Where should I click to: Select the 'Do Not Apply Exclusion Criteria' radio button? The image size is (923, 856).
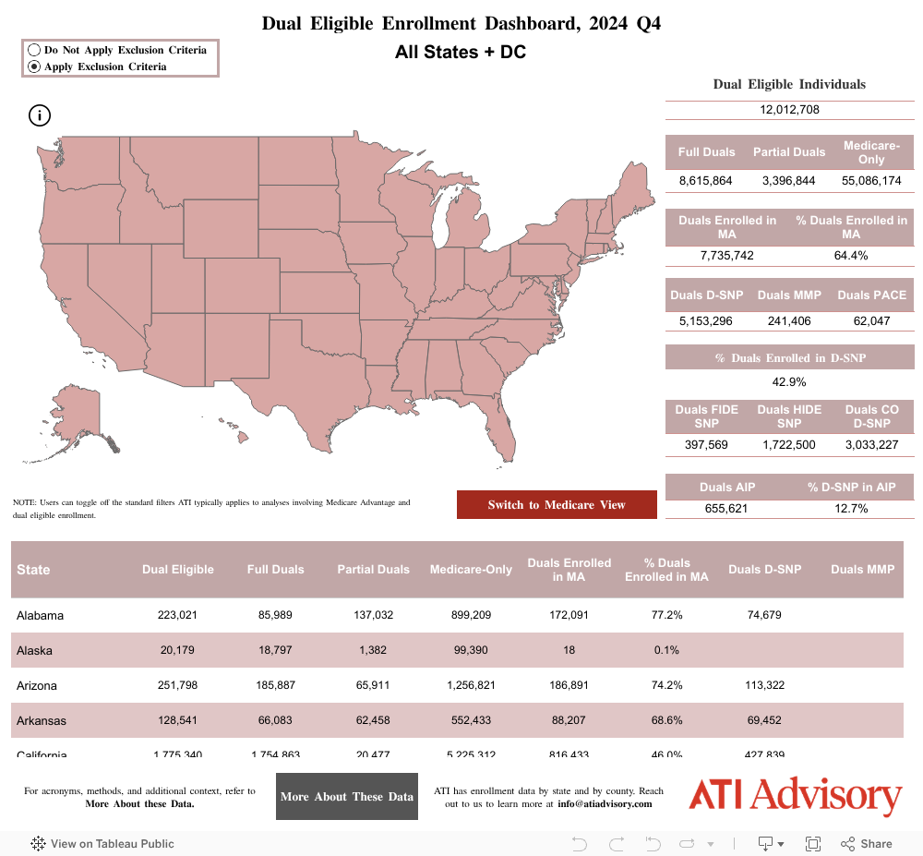34,50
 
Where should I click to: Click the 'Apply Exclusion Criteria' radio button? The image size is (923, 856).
34,66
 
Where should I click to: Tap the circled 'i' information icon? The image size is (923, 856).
40,115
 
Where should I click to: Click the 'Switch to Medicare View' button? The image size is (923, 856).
557,505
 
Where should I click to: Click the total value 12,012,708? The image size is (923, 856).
789,110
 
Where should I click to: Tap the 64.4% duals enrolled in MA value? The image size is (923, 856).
850,256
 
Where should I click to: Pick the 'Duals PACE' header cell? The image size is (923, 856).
871,295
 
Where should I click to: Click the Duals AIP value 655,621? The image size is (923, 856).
727,509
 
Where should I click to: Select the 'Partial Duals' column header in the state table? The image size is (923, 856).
373,570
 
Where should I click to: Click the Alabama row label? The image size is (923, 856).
41,615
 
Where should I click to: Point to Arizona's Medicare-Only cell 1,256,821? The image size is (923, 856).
471,685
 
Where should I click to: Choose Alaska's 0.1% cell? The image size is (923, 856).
666,650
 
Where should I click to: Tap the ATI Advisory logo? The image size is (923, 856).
795,796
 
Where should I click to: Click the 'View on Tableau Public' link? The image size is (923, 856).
102,843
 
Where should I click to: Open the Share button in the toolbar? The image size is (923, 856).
867,843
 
